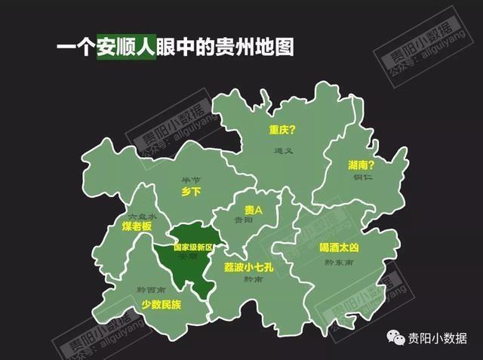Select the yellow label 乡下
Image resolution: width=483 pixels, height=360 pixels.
[192, 192]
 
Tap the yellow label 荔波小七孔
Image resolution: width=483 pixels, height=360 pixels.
[250, 267]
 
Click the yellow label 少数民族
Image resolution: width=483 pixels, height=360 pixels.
[161, 305]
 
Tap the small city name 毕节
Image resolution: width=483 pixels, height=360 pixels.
[192, 180]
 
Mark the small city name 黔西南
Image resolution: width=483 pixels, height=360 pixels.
[151, 291]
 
